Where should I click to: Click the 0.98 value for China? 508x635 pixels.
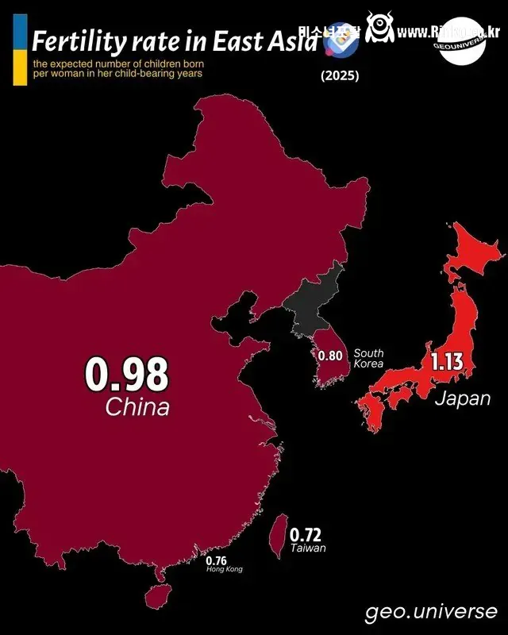[127, 375]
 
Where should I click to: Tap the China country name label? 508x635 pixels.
[137, 408]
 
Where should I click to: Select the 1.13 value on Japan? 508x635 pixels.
[447, 364]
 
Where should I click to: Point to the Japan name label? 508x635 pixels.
[462, 398]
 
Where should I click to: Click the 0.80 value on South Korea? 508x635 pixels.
[330, 356]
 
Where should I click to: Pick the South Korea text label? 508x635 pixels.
[369, 358]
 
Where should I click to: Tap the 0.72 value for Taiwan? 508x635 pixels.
[306, 534]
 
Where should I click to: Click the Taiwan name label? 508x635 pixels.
[307, 548]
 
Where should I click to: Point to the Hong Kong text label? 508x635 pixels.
[225, 570]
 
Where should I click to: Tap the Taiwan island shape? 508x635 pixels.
[279, 534]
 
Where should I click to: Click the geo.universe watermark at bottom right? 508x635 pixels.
[431, 612]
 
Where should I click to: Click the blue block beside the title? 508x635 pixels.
[21, 33]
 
